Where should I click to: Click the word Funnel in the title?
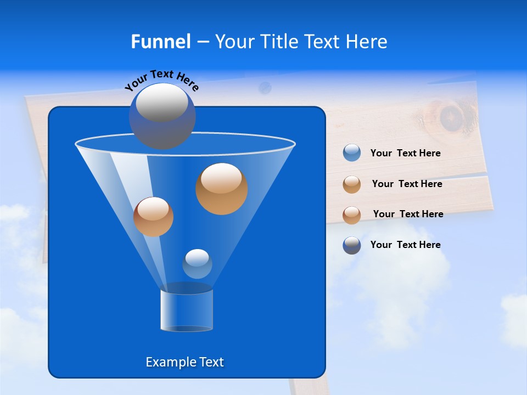pos(160,42)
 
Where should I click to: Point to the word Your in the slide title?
pos(234,42)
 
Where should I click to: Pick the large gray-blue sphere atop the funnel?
pos(162,116)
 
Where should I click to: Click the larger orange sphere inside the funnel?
pos(222,189)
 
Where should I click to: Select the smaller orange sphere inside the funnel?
pos(153,217)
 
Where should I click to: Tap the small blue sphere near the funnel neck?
pos(197,263)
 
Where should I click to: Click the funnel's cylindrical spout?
pos(186,311)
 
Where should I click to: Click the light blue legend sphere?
pos(352,153)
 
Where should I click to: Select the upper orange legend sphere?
pos(352,184)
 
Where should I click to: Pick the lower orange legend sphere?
pos(352,215)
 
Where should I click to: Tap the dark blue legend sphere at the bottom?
pos(352,245)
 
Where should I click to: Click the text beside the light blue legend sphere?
pos(405,153)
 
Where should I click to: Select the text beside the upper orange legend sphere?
pos(407,184)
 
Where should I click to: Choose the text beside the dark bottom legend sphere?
pos(405,245)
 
